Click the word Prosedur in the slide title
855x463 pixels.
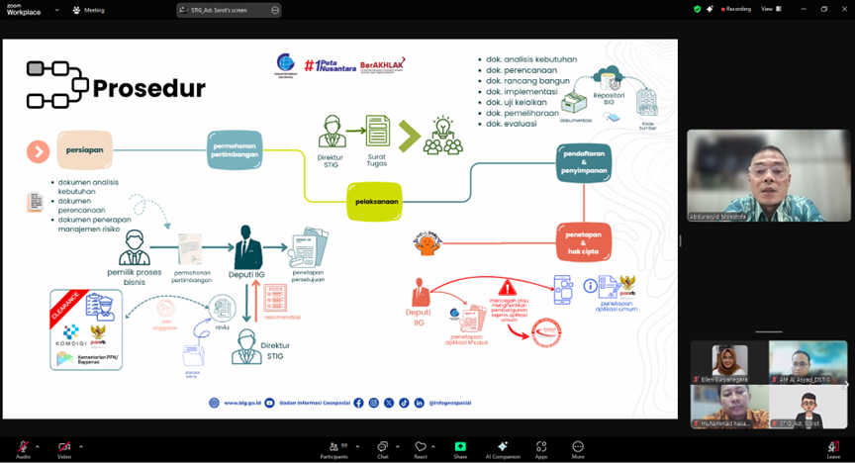[x=148, y=88]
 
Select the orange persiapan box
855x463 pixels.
[x=85, y=150]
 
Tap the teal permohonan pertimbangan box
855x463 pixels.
[x=235, y=150]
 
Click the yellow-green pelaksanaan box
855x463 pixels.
[x=374, y=201]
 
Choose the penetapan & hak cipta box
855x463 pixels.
[x=584, y=241]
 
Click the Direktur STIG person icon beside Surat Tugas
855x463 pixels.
[x=332, y=132]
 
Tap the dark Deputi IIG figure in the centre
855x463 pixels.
[x=246, y=245]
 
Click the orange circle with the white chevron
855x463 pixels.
[x=38, y=151]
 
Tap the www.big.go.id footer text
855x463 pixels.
[x=242, y=403]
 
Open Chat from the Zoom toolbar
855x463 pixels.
[x=382, y=450]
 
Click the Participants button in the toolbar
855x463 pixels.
[x=333, y=450]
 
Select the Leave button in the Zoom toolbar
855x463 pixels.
[x=833, y=450]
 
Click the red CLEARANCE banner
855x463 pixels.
[x=70, y=310]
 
